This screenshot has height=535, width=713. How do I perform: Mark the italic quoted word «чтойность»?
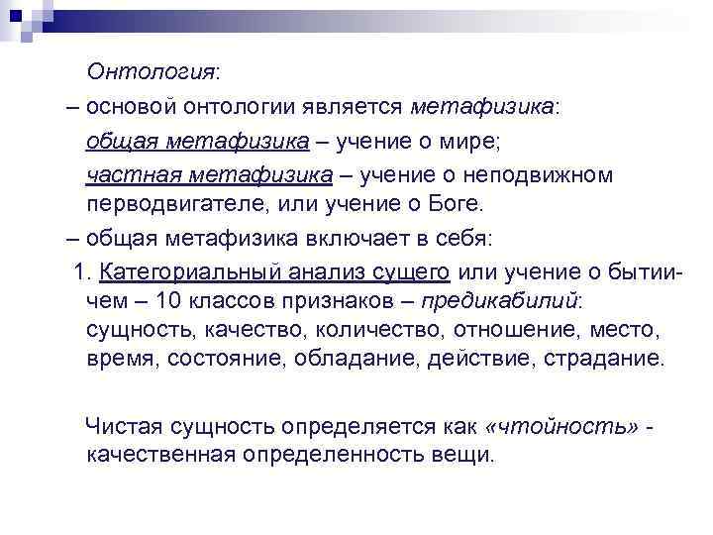(x=560, y=427)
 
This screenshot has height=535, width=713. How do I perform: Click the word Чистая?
(x=123, y=427)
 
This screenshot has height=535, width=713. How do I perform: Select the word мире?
(x=471, y=142)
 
